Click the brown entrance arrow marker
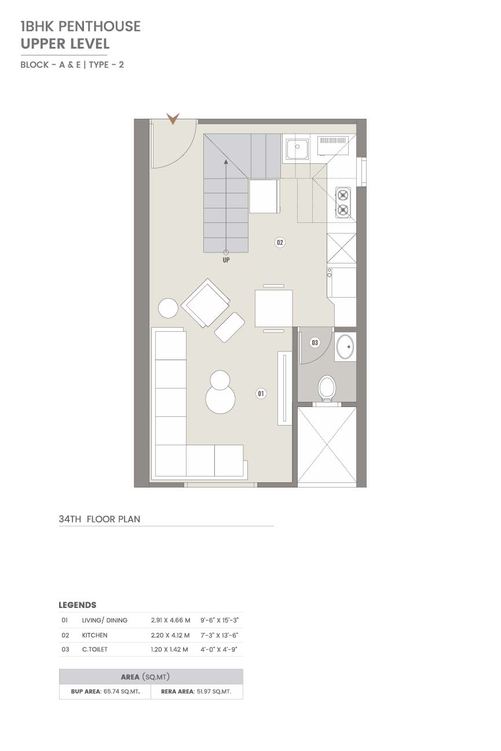pyautogui.click(x=173, y=119)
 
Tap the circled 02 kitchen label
pyautogui.click(x=279, y=242)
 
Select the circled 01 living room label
pyautogui.click(x=261, y=393)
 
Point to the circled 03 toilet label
pyautogui.click(x=315, y=342)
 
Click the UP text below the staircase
pyautogui.click(x=226, y=260)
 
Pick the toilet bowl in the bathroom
pyautogui.click(x=327, y=388)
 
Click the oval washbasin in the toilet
pyautogui.click(x=345, y=347)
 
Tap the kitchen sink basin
pyautogui.click(x=297, y=149)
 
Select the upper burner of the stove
pyautogui.click(x=343, y=195)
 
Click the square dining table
pyautogui.click(x=273, y=308)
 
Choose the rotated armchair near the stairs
pyautogui.click(x=206, y=303)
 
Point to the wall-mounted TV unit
pyautogui.click(x=284, y=389)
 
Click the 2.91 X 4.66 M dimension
pyautogui.click(x=170, y=620)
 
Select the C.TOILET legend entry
pyautogui.click(x=95, y=650)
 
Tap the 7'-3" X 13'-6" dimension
pyautogui.click(x=220, y=635)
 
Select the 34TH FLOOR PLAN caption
pyautogui.click(x=99, y=519)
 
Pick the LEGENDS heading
pyautogui.click(x=78, y=605)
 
